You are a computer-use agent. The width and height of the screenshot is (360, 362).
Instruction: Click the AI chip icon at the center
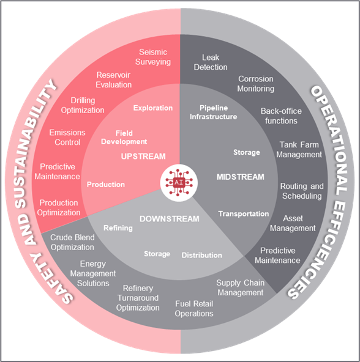click(179, 183)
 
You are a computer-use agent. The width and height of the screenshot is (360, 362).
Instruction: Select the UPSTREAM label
click(143, 157)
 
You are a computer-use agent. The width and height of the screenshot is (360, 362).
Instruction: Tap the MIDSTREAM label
click(241, 177)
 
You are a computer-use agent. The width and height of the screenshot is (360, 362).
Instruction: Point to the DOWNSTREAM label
click(170, 219)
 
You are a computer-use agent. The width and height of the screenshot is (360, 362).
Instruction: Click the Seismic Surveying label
click(153, 57)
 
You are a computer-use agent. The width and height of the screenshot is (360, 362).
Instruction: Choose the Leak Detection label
click(211, 62)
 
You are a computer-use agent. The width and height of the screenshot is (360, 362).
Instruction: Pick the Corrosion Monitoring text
click(256, 84)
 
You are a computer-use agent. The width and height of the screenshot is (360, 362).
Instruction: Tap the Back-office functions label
click(281, 116)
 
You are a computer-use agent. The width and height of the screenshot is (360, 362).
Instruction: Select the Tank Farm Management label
click(299, 150)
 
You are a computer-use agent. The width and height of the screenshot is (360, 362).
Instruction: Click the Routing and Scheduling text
click(302, 191)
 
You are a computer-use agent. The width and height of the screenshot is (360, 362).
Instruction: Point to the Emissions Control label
click(67, 138)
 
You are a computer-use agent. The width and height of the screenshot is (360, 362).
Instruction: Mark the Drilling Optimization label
click(83, 105)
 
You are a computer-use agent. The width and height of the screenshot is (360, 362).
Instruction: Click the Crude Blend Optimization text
click(72, 242)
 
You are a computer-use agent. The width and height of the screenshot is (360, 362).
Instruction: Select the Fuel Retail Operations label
click(194, 309)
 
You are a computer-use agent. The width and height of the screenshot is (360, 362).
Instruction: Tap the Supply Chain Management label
click(241, 287)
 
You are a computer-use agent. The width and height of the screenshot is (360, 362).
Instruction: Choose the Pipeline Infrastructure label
click(214, 112)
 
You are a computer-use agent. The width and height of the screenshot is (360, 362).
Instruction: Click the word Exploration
click(153, 108)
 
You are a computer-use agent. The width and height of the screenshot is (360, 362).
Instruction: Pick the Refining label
click(118, 228)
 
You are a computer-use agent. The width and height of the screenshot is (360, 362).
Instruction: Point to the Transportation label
click(244, 214)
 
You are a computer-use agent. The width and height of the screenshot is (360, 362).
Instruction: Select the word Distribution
click(201, 255)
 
